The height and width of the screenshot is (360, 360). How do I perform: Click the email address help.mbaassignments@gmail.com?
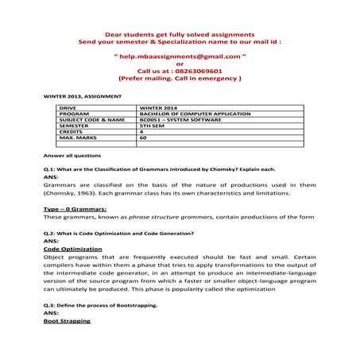180,58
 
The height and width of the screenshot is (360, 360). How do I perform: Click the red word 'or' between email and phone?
180,64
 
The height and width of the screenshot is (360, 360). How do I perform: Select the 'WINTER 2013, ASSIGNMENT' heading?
83,95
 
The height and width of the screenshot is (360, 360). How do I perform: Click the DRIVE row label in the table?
68,107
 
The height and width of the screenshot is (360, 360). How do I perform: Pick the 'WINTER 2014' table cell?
156,107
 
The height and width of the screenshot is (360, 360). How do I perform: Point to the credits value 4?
141,132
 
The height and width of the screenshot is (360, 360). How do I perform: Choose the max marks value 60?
143,138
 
